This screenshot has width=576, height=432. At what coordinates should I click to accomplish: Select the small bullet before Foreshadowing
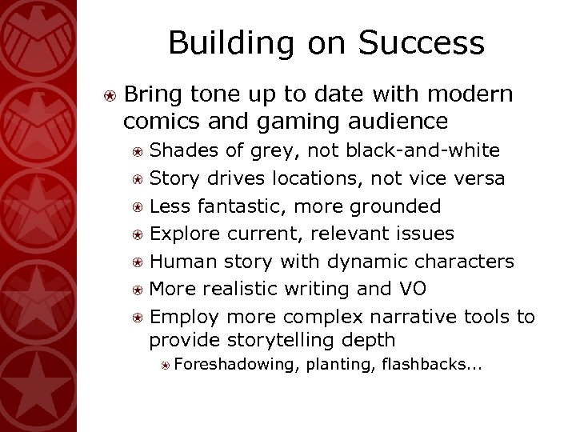coord(164,366)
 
